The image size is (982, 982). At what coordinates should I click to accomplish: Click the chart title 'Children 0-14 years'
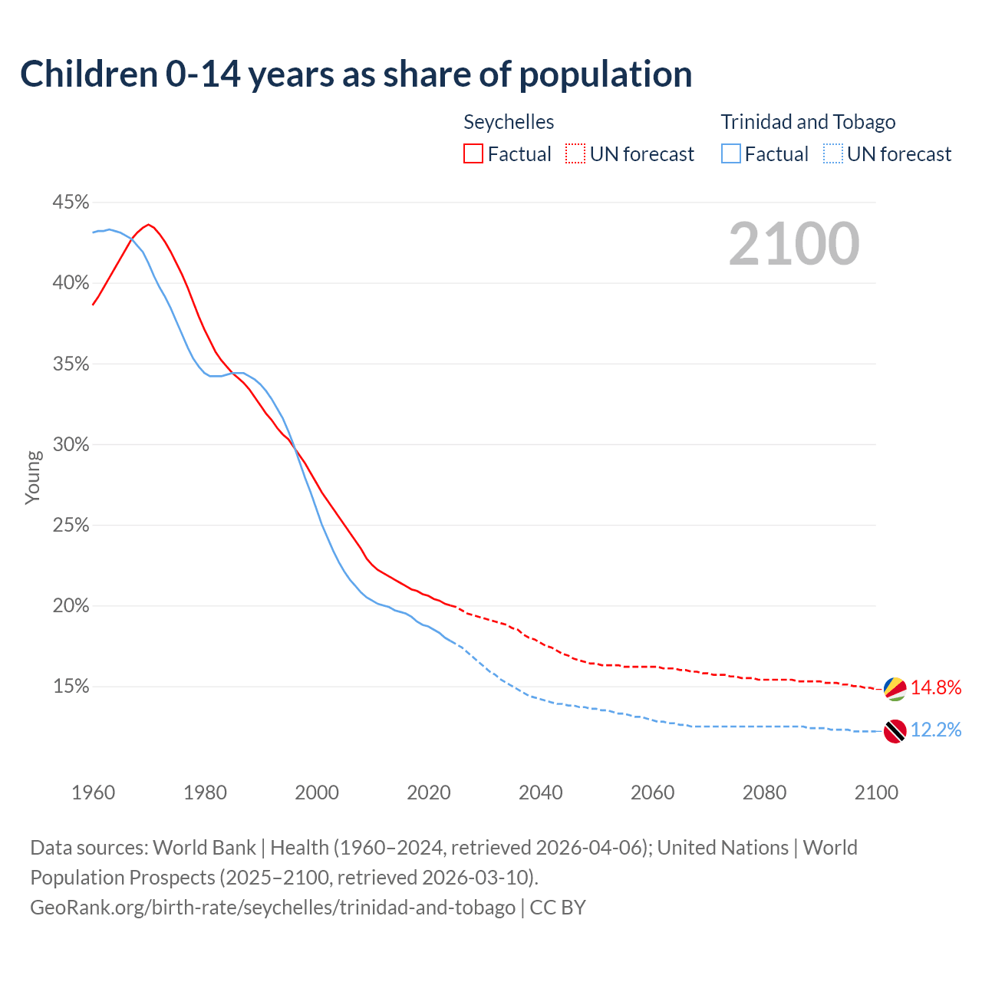pos(356,74)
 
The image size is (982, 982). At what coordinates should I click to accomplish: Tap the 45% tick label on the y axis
pos(71,203)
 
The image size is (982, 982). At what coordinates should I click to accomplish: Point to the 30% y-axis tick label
pos(71,445)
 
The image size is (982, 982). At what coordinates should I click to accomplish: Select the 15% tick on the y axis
pos(71,687)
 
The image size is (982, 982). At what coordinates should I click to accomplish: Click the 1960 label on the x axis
pos(93,793)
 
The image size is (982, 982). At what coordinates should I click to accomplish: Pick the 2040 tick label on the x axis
pos(541,793)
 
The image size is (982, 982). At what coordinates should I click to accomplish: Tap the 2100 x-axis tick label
pos(876,793)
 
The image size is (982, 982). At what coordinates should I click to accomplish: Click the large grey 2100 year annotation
pos(794,244)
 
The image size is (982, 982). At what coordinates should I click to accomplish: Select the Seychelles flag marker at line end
pos(895,688)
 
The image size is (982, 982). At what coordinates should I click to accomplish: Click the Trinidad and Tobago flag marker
pos(895,731)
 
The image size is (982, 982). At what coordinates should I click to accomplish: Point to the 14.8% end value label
pos(936,687)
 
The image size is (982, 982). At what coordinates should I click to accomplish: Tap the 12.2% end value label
pos(936,730)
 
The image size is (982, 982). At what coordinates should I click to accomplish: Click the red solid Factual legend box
pos(473,154)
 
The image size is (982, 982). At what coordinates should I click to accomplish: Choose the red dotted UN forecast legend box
pos(575,154)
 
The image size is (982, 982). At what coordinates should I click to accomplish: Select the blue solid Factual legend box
pos(731,154)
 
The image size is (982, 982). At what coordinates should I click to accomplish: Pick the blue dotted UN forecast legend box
pos(833,154)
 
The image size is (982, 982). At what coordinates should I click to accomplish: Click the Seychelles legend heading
pos(509,122)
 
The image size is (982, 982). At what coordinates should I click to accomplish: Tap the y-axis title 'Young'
pos(33,477)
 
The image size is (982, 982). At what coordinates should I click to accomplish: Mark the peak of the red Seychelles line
pos(148,224)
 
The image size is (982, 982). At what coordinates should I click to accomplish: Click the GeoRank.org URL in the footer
pos(272,908)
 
